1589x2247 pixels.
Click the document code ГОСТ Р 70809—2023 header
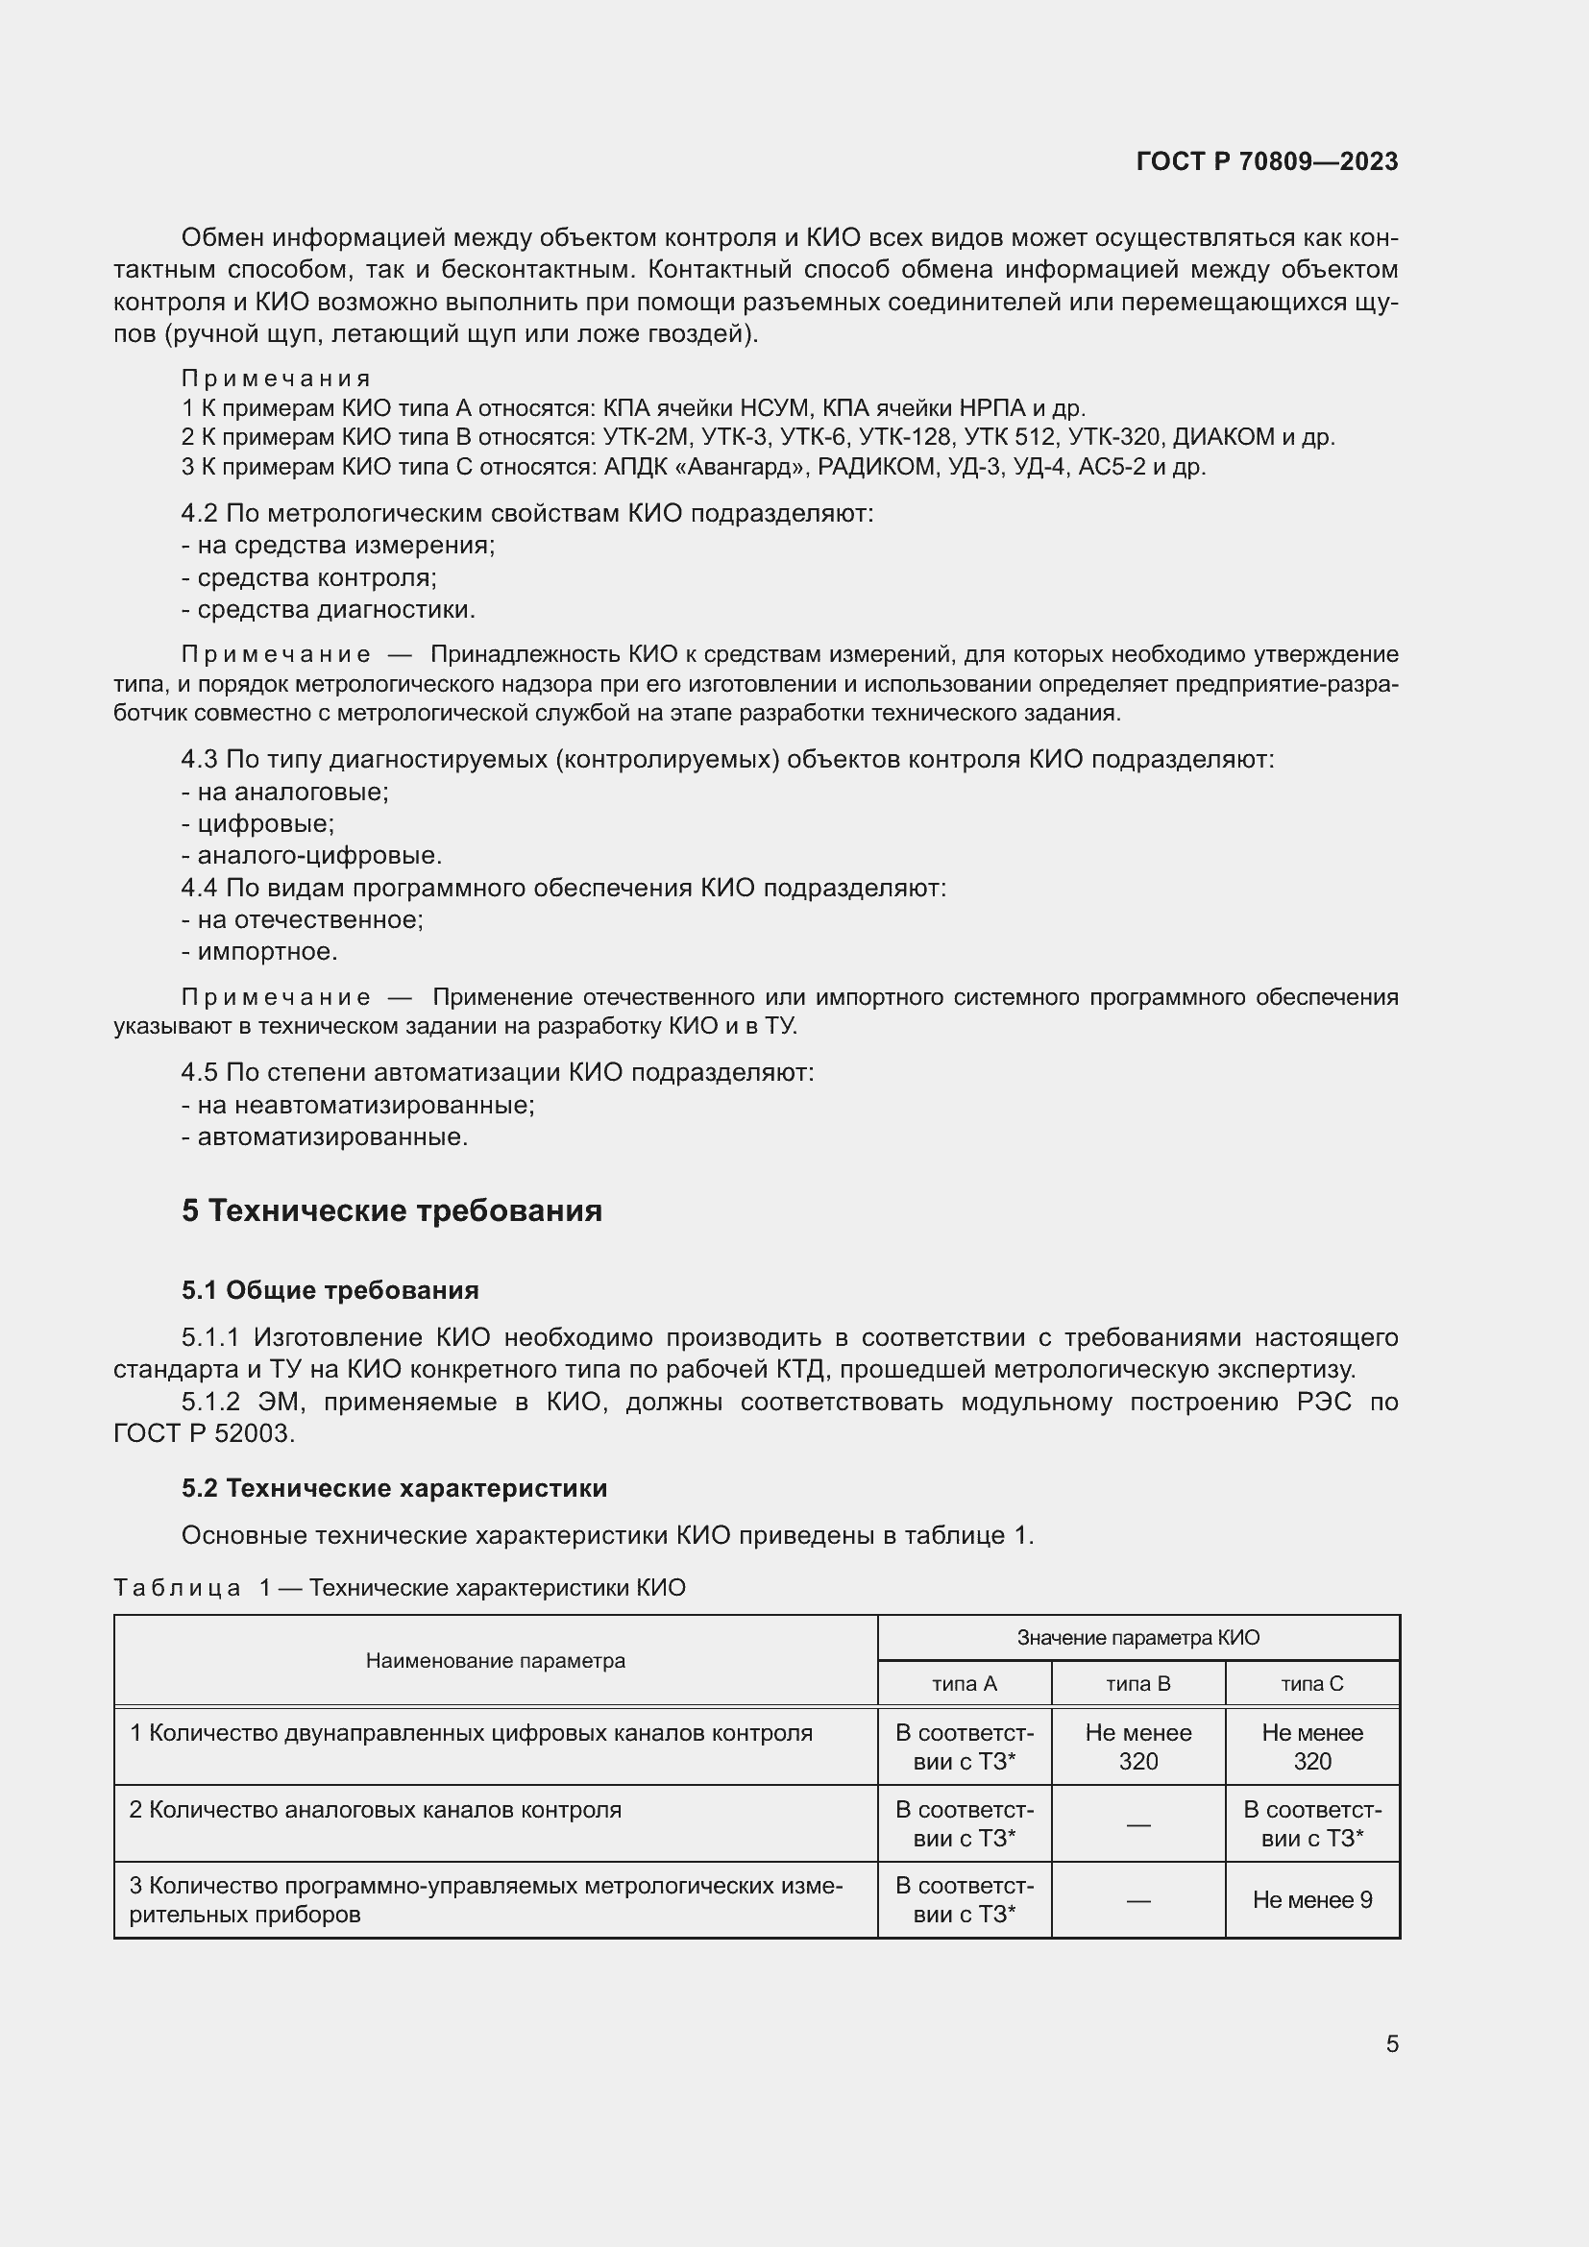click(x=1266, y=161)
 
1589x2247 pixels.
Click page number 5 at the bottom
click(x=1391, y=2043)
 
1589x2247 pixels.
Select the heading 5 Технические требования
click(x=391, y=1210)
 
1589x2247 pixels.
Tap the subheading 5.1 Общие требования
click(x=330, y=1290)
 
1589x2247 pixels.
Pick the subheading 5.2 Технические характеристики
click(x=393, y=1487)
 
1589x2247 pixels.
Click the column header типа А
click(x=964, y=1683)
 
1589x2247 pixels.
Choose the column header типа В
click(x=1137, y=1683)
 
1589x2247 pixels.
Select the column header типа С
click(x=1312, y=1683)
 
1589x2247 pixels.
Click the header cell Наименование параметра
click(x=495, y=1661)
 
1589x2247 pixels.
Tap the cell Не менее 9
click(x=1312, y=1899)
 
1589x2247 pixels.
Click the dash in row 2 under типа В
click(x=1137, y=1824)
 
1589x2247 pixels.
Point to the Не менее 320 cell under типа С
click(x=1312, y=1746)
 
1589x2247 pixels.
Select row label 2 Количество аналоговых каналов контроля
click(x=376, y=1810)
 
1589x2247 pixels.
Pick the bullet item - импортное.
click(x=259, y=951)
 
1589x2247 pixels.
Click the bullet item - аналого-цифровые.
click(x=312, y=855)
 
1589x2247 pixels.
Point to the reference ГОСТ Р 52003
click(x=203, y=1433)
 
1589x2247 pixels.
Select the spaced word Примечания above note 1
click(x=275, y=379)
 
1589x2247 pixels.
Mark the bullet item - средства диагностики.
click(x=329, y=610)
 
